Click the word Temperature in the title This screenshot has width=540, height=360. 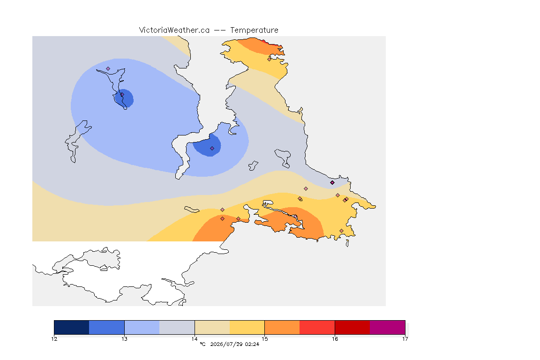point(254,30)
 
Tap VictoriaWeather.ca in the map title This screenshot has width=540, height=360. point(174,30)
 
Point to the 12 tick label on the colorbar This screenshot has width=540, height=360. point(54,339)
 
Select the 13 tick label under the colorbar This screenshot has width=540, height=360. point(124,339)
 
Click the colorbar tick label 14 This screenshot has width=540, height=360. point(195,339)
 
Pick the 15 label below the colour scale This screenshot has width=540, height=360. point(264,339)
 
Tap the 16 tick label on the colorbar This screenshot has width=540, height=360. point(335,339)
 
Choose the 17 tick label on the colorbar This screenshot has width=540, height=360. point(405,339)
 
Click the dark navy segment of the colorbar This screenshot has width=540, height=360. point(72,327)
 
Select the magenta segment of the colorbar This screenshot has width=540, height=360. point(388,327)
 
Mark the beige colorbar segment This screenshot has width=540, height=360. point(212,327)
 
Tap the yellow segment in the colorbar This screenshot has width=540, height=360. point(247,327)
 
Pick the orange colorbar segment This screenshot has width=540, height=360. point(282,327)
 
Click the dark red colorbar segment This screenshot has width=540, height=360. point(352,327)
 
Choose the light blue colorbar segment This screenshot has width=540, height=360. point(142,327)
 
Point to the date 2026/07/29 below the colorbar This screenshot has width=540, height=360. point(226,344)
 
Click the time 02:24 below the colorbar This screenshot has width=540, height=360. point(252,344)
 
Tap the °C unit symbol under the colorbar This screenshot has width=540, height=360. point(202,344)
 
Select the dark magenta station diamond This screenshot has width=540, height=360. point(332,183)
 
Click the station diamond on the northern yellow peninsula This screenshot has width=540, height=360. point(270,59)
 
